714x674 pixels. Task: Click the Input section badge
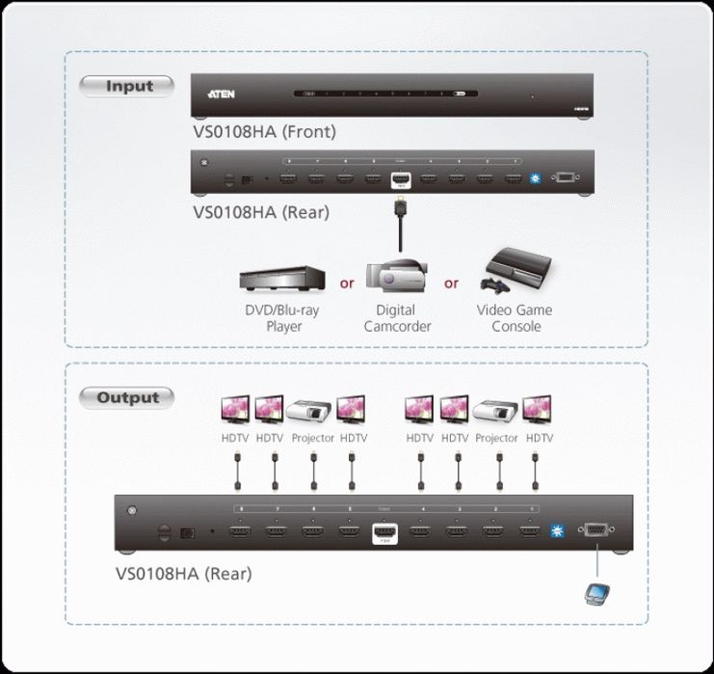(x=129, y=86)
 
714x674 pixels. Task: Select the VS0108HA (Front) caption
(x=265, y=131)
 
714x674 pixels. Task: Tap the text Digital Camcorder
(x=396, y=318)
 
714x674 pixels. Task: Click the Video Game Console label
(x=515, y=318)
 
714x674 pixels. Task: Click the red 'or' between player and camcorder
(x=346, y=283)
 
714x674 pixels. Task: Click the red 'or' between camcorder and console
(x=451, y=283)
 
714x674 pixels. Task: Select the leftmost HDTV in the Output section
(x=236, y=410)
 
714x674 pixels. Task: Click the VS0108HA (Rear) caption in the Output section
(x=183, y=574)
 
